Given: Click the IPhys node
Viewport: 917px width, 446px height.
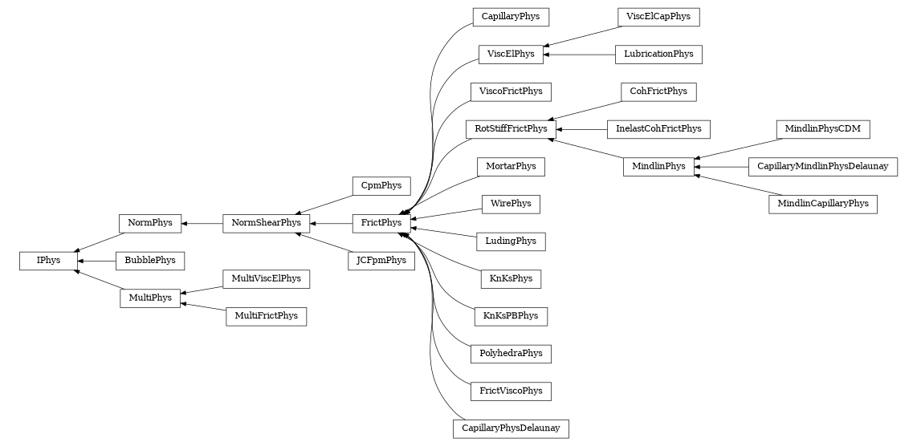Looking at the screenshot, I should pyautogui.click(x=47, y=261).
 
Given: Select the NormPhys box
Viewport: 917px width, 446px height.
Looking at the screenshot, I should pyautogui.click(x=149, y=223).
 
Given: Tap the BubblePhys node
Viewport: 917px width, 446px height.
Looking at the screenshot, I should pyautogui.click(x=150, y=261).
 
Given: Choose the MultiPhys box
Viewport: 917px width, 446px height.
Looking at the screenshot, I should pyautogui.click(x=150, y=298).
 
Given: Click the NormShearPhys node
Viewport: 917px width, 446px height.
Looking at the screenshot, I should pyautogui.click(x=266, y=223).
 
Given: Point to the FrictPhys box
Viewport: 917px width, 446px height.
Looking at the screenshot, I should pyautogui.click(x=381, y=223).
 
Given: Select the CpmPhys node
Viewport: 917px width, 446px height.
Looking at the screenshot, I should pyautogui.click(x=381, y=185).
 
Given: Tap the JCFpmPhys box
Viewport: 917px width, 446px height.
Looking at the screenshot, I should pyautogui.click(x=381, y=261).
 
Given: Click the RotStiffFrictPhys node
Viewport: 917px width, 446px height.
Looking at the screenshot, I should pyautogui.click(x=511, y=128).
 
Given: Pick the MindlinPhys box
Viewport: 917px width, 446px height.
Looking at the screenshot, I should pyautogui.click(x=658, y=167).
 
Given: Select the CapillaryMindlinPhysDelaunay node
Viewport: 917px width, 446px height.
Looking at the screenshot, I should pyautogui.click(x=822, y=167).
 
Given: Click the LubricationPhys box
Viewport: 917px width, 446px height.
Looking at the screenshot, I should pyautogui.click(x=658, y=55).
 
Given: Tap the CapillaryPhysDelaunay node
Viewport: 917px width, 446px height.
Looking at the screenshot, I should pyautogui.click(x=511, y=429).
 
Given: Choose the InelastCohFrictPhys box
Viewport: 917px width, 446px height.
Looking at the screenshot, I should pyautogui.click(x=658, y=128).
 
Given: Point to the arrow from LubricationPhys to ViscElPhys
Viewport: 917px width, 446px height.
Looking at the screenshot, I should pyautogui.click(x=579, y=55).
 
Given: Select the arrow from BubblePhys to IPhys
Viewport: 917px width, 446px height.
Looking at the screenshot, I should pyautogui.click(x=96, y=261).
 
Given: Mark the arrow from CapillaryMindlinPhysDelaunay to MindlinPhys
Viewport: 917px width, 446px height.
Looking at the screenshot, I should pyautogui.click(x=721, y=167).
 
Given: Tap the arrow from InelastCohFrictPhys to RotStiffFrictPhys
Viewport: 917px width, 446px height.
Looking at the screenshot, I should pyautogui.click(x=581, y=128).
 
